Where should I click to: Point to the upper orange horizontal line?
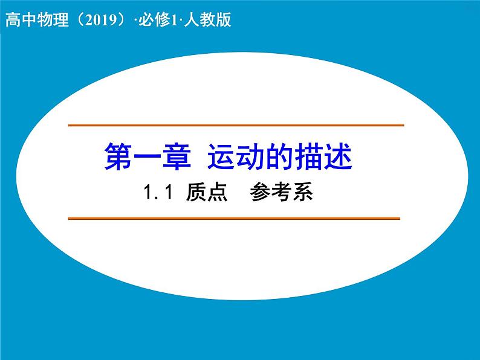click(236, 125)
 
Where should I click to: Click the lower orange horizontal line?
click(235, 218)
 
